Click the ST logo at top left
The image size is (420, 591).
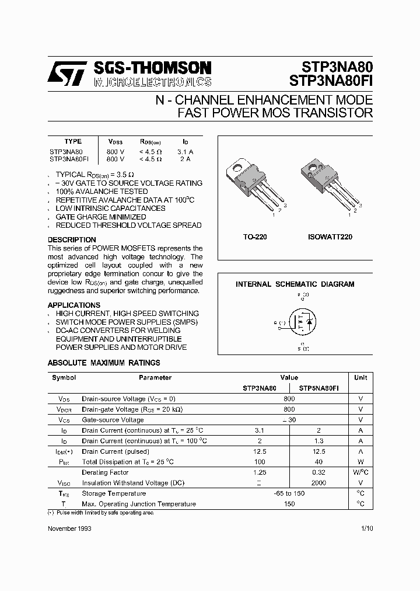pyautogui.click(x=66, y=74)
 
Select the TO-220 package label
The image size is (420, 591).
pyautogui.click(x=254, y=237)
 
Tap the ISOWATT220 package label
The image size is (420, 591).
pyautogui.click(x=330, y=237)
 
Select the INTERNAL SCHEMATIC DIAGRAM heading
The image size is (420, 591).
pyautogui.click(x=295, y=284)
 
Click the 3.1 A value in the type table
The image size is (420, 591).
pyautogui.click(x=184, y=151)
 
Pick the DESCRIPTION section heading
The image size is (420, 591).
pyautogui.click(x=72, y=240)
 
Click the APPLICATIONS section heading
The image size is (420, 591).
pyautogui.click(x=74, y=305)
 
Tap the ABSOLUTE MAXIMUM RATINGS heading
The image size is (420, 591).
pyautogui.click(x=104, y=363)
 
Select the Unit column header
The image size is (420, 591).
pyautogui.click(x=360, y=377)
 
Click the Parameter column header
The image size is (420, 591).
pyautogui.click(x=155, y=377)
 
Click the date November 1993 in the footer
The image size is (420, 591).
pyautogui.click(x=69, y=528)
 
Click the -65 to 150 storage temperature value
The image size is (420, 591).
pyautogui.click(x=289, y=493)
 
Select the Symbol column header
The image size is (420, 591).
pyautogui.click(x=64, y=377)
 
